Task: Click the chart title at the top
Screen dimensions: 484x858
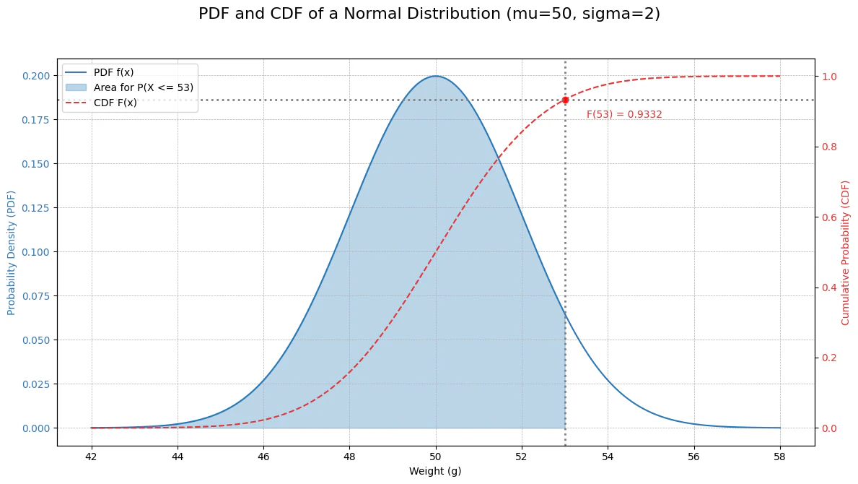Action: [429, 14]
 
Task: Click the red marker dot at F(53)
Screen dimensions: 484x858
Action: [565, 100]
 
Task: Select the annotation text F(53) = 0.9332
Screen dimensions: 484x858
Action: [624, 115]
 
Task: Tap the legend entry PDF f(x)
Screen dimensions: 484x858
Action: [114, 72]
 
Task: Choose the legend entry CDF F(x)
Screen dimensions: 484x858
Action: [115, 103]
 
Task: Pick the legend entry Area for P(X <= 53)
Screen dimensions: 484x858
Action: [144, 87]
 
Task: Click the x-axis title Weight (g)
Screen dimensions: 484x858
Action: [435, 472]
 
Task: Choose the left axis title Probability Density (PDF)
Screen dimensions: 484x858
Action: [12, 253]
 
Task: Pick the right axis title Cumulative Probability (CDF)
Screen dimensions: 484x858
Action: [846, 253]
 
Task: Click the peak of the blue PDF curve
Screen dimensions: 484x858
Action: [436, 76]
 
